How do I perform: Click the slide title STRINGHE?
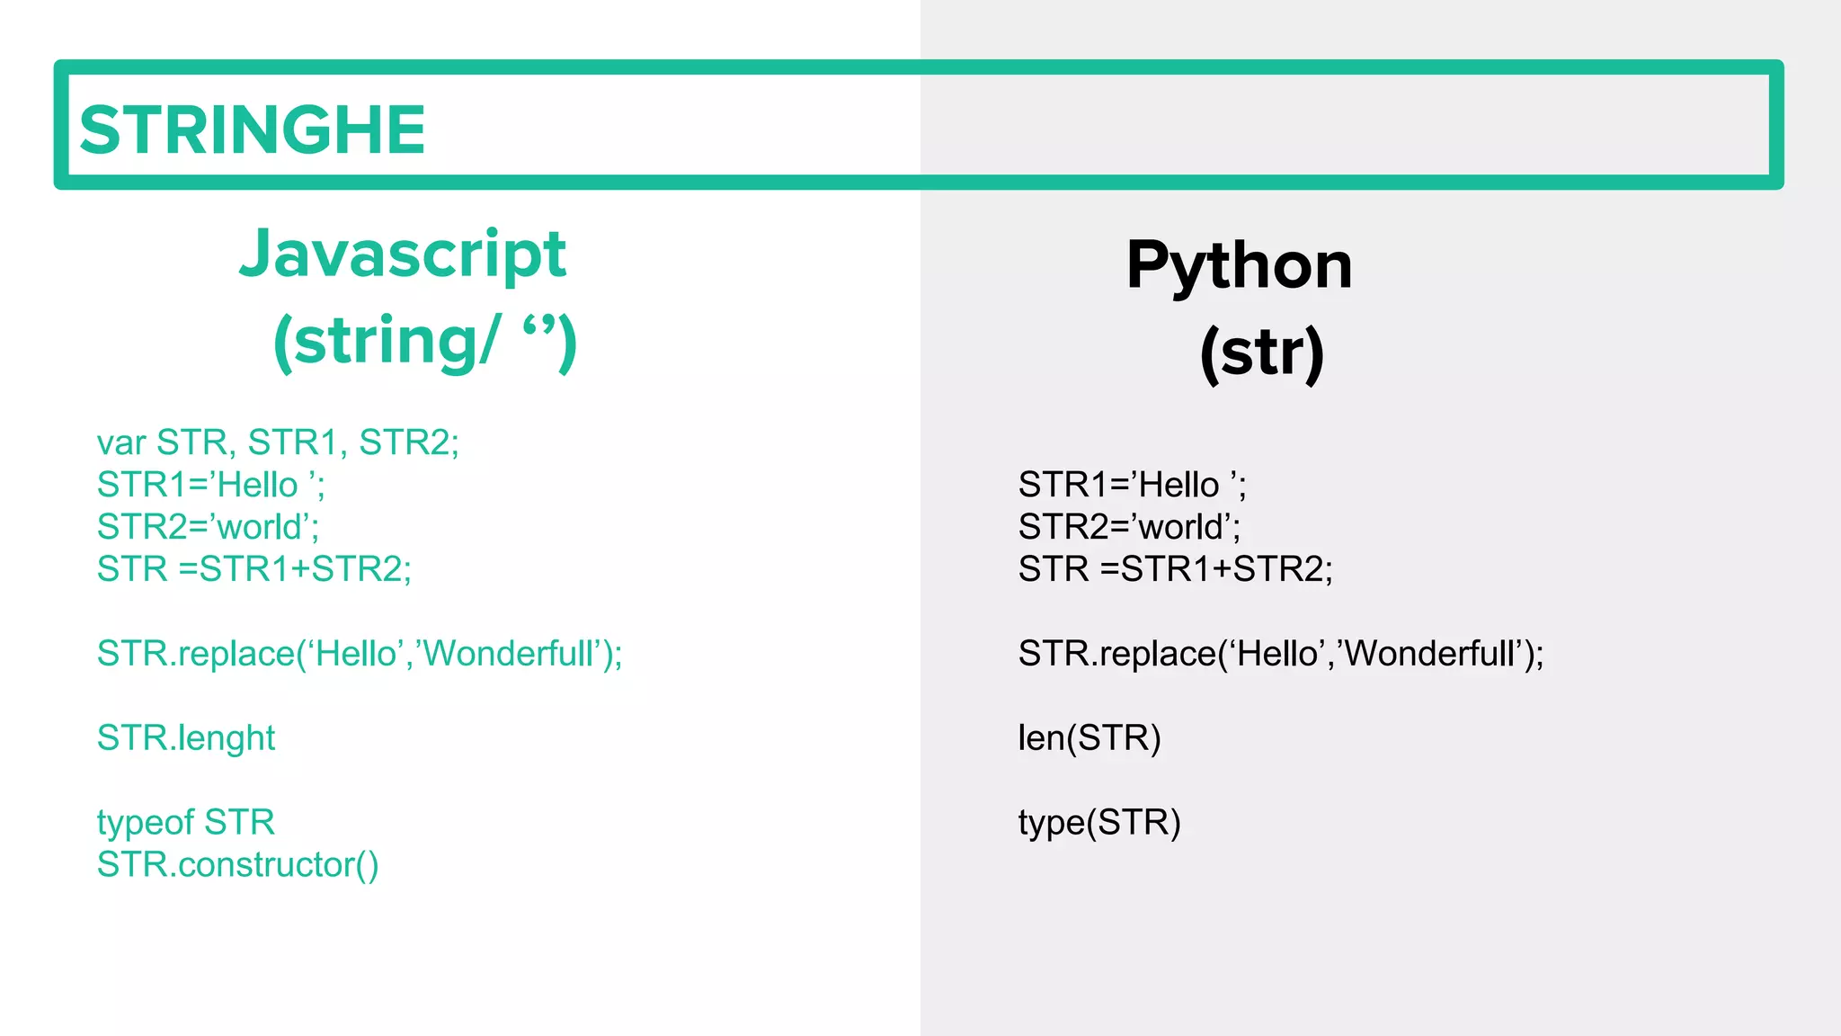(252, 129)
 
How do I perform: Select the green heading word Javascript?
(403, 255)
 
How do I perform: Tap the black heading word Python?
(1239, 265)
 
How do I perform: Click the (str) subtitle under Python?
(1262, 353)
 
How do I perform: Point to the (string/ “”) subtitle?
(424, 342)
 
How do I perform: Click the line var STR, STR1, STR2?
(278, 442)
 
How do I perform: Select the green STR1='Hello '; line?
(211, 485)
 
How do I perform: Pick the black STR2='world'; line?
(1129, 527)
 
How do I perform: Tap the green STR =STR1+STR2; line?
(254, 569)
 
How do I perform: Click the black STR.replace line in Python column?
(1280, 654)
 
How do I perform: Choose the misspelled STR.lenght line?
(186, 738)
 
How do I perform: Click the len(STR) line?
(1089, 738)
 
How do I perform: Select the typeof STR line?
(186, 822)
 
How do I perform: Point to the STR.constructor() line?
(238, 864)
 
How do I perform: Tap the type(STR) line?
(1099, 822)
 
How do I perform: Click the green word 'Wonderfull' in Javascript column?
(508, 654)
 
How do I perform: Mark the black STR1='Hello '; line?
(1132, 485)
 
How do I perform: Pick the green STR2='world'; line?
(208, 527)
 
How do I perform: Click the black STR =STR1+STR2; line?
(1175, 569)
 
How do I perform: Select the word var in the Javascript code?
(121, 443)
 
